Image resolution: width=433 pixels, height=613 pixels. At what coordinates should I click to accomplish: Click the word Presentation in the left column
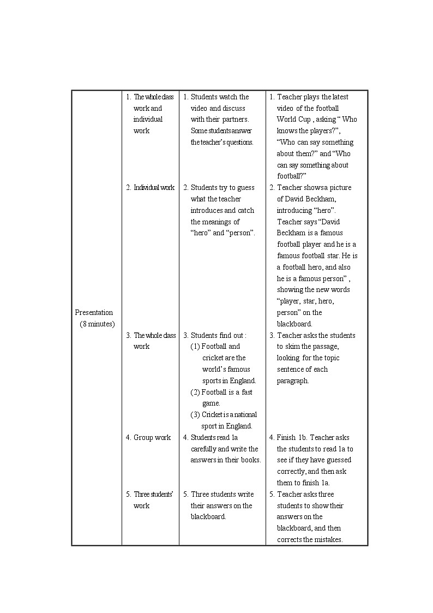(94, 312)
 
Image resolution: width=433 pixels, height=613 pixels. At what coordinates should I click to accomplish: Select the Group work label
(152, 437)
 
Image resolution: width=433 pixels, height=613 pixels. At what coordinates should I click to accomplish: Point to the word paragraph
(292, 380)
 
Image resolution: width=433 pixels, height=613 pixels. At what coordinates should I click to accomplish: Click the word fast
(246, 392)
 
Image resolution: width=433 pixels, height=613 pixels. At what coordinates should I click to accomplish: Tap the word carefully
(203, 449)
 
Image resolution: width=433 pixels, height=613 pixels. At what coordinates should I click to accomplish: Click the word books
(250, 460)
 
